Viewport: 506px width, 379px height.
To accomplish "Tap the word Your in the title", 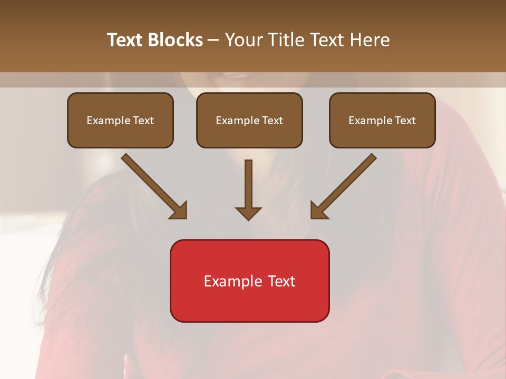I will (x=244, y=40).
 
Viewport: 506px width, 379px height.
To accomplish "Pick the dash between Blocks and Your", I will (x=213, y=41).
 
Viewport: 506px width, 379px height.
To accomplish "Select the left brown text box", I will (x=120, y=120).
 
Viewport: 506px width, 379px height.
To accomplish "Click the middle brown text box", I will (x=249, y=120).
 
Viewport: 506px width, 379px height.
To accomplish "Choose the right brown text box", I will (x=382, y=120).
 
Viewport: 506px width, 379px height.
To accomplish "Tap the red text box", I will (x=249, y=281).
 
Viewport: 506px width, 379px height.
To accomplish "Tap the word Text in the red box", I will (x=283, y=281).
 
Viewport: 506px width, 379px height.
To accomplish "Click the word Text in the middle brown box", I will (x=273, y=121).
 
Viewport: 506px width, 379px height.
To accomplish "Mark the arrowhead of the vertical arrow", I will (x=248, y=212).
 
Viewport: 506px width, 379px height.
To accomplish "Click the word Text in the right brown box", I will (x=405, y=121).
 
